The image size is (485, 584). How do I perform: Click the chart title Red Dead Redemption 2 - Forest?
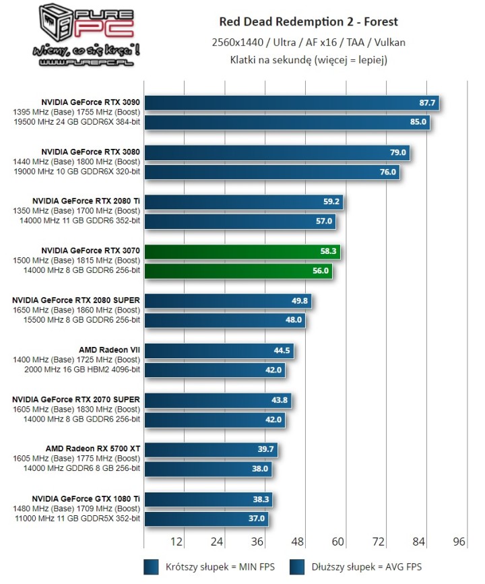pyautogui.click(x=309, y=22)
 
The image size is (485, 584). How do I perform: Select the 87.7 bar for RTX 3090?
pyautogui.click(x=291, y=103)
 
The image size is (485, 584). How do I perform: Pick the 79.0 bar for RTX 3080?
pyautogui.click(x=276, y=153)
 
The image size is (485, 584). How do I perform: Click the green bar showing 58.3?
pyautogui.click(x=242, y=252)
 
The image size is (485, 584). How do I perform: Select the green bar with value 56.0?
pyautogui.click(x=238, y=271)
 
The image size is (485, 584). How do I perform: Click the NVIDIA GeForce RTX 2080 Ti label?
pyautogui.click(x=86, y=201)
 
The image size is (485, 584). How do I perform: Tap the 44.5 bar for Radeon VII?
pyautogui.click(x=218, y=351)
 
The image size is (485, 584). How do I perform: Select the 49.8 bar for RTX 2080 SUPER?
pyautogui.click(x=227, y=301)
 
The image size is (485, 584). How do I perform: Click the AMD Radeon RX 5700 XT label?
pyautogui.click(x=92, y=449)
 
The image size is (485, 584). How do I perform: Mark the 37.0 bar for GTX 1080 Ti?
pyautogui.click(x=206, y=519)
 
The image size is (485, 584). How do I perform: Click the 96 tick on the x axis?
pyautogui.click(x=459, y=542)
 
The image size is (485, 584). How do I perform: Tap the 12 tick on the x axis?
pyautogui.click(x=177, y=542)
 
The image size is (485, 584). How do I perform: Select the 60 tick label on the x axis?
pyautogui.click(x=338, y=542)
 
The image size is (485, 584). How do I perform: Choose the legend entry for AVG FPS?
pyautogui.click(x=356, y=566)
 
